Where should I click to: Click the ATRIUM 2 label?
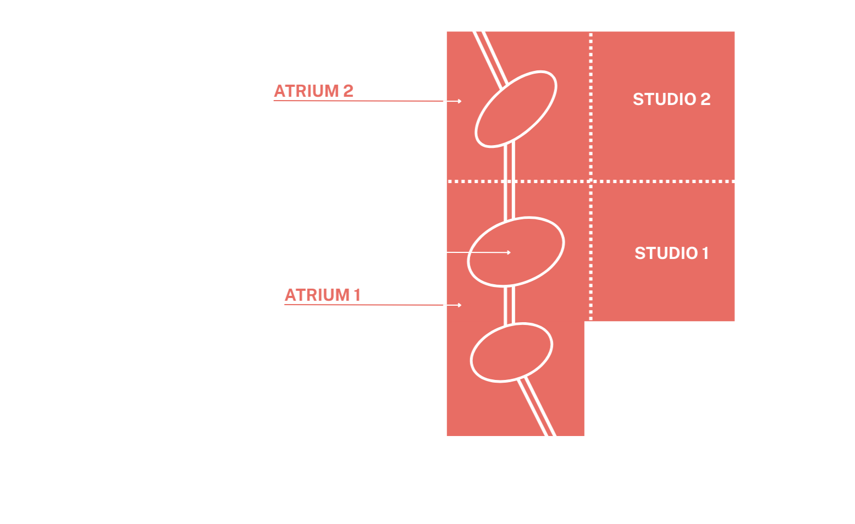(313, 91)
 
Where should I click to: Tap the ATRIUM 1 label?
(322, 295)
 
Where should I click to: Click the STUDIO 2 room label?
(671, 100)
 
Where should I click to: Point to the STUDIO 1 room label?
(671, 253)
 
